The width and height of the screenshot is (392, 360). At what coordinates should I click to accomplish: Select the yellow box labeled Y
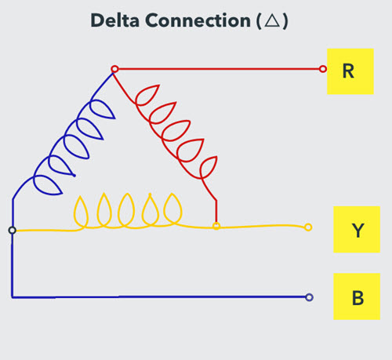357,230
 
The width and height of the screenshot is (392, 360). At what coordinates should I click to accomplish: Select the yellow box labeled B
357,296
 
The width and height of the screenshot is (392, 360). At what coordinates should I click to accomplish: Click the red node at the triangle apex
114,69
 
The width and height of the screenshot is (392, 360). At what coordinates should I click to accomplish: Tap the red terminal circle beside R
323,69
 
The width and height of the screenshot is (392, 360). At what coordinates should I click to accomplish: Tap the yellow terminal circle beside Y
307,227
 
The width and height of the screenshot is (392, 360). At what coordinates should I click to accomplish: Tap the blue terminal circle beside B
309,297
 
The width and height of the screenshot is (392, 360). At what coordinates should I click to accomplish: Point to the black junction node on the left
12,230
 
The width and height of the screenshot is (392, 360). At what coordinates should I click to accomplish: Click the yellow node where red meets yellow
216,226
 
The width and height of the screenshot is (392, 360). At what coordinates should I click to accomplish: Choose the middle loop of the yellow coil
126,210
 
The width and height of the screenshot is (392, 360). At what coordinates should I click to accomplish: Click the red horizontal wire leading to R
220,69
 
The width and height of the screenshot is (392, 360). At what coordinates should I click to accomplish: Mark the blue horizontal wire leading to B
157,297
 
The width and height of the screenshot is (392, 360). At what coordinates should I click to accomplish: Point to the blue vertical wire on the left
12,267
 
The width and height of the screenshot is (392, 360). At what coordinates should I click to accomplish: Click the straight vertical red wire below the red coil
216,209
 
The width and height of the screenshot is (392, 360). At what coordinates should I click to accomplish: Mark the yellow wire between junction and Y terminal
263,227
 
